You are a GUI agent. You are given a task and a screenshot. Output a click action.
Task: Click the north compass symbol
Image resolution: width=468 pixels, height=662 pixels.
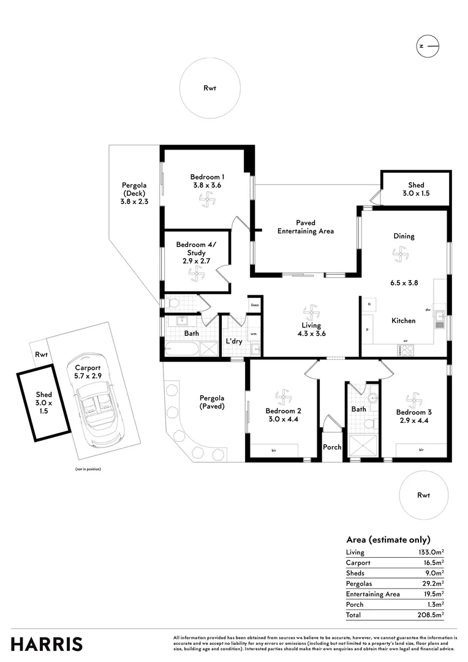tap(428, 46)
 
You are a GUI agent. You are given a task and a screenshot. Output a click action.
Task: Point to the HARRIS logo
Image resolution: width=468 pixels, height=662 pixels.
tap(47, 644)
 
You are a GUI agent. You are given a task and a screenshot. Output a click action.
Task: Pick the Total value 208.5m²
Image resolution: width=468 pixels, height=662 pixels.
tap(431, 615)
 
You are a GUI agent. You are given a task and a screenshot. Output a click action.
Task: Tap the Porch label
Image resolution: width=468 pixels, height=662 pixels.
tap(332, 447)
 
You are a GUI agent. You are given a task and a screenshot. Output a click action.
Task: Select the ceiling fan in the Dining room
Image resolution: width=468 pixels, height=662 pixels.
tap(401, 253)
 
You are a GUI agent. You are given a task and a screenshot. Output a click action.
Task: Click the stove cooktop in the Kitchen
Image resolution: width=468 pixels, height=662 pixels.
tap(406, 350)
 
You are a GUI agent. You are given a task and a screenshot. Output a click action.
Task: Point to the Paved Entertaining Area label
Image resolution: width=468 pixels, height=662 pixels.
tap(305, 227)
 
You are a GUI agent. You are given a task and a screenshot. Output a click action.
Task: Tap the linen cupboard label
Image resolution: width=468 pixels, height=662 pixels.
tap(254, 305)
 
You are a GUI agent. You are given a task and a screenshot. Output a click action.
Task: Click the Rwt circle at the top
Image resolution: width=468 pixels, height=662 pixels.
tap(209, 88)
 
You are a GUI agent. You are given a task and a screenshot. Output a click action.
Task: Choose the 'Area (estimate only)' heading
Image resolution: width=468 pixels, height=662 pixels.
tap(388, 539)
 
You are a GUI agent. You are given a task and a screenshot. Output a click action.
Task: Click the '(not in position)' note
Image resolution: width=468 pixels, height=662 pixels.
tap(88, 469)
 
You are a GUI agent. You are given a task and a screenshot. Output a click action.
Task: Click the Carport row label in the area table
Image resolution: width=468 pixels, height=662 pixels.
tap(358, 563)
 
